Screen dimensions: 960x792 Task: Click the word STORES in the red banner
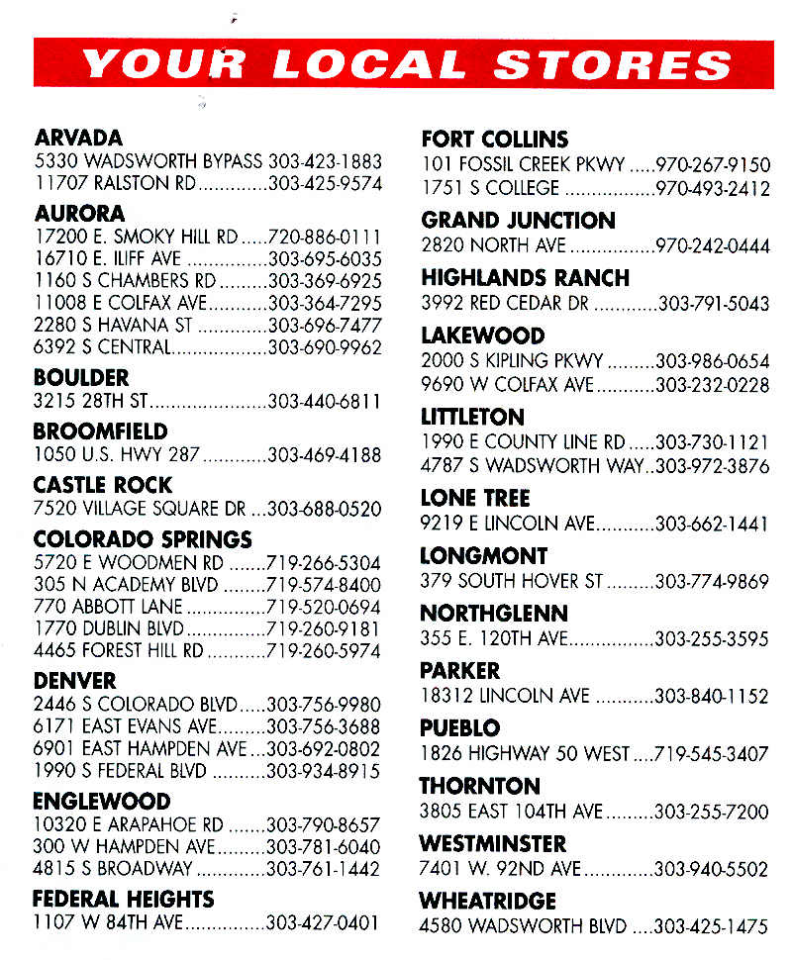[x=613, y=64]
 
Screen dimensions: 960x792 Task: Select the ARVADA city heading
[x=78, y=139]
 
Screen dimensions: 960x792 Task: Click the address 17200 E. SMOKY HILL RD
[x=136, y=238]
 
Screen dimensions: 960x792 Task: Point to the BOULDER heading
[x=81, y=378]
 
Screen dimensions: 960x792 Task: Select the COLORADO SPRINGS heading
[x=143, y=539]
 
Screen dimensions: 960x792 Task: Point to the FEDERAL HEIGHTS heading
[x=123, y=899]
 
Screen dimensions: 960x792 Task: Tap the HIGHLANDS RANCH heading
[x=525, y=278]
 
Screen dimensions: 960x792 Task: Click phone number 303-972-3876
[x=713, y=465]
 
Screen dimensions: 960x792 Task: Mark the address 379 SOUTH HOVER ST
[x=511, y=581]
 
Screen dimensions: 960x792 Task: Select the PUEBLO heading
[x=459, y=728]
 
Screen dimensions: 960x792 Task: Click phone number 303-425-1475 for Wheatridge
[x=712, y=927]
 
